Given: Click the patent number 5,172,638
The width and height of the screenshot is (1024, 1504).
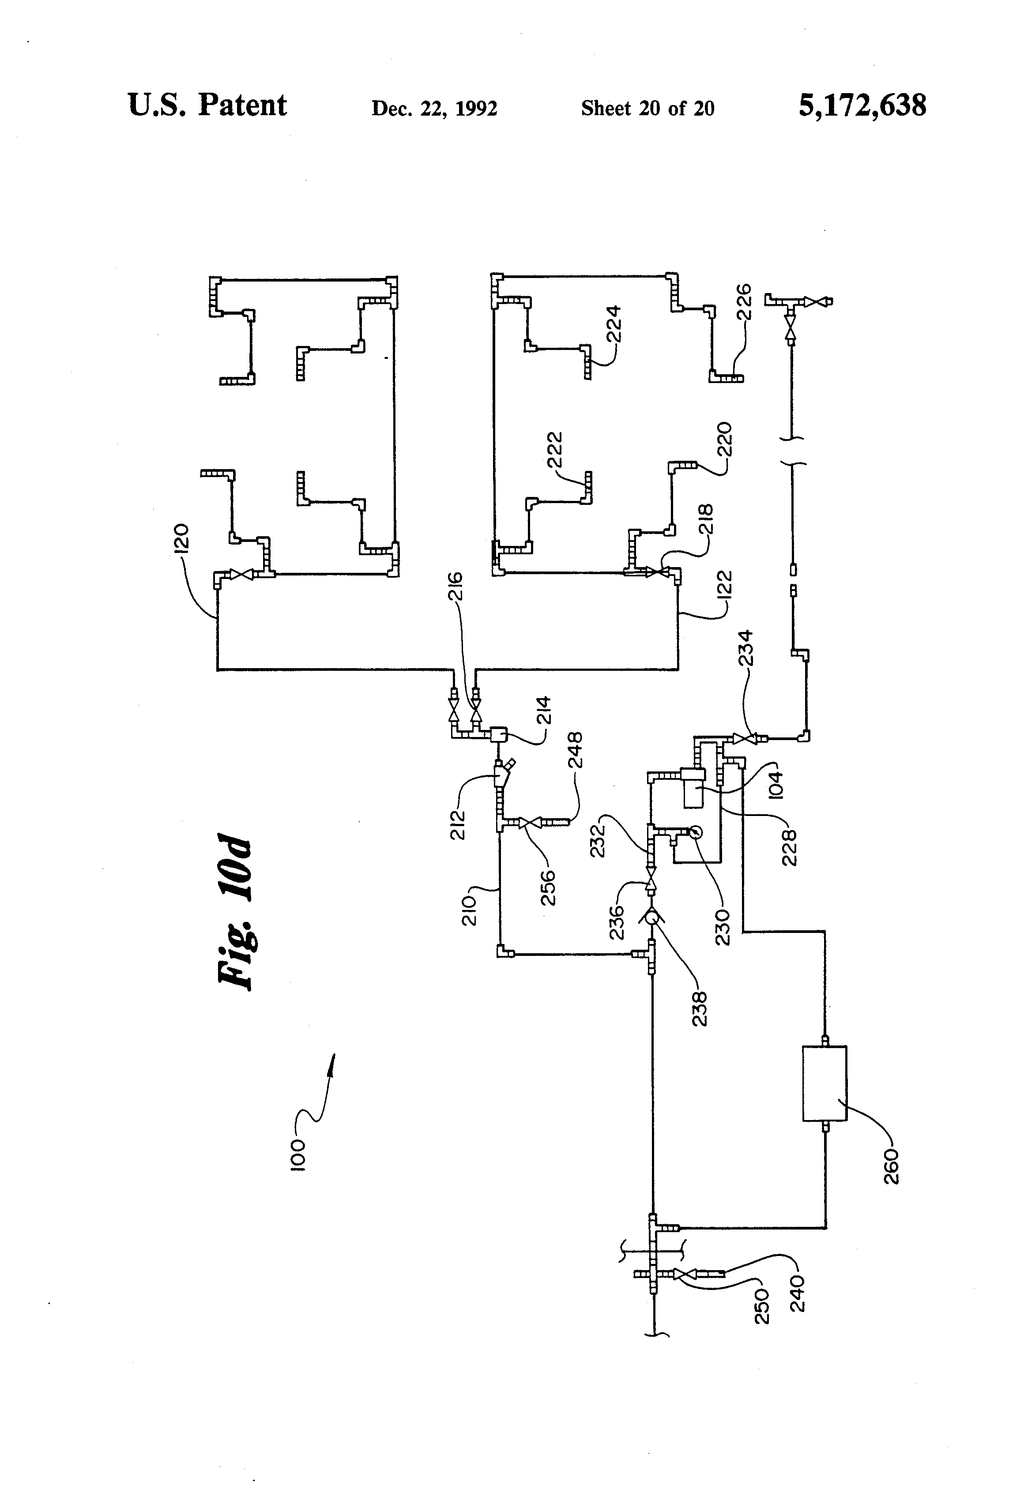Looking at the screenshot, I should point(862,105).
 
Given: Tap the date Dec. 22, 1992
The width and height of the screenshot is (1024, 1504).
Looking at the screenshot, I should point(434,108).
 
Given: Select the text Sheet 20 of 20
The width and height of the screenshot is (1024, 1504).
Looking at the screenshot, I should point(647,108).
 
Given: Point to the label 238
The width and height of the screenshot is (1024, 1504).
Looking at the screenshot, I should point(700,1009).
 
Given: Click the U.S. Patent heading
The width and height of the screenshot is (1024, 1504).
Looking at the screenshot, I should point(207,105).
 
